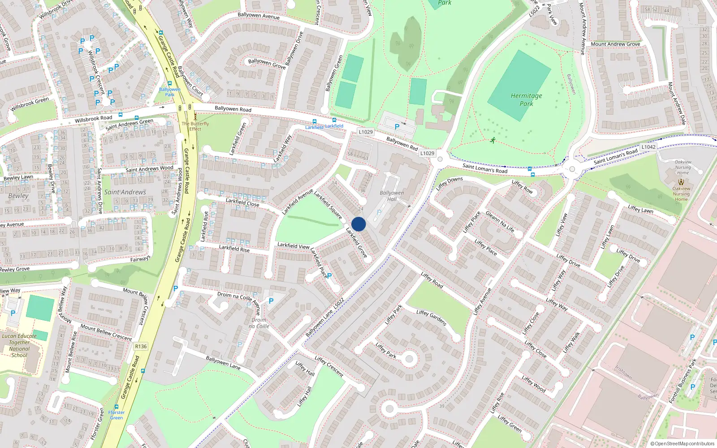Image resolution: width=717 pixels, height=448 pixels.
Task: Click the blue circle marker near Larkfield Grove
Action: coord(358,224)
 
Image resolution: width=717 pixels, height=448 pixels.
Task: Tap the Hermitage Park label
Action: coord(526,99)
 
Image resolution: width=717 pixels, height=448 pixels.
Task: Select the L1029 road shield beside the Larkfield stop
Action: coord(366,132)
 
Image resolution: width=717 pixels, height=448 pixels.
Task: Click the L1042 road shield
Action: coord(648,146)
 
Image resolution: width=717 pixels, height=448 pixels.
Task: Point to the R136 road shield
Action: coord(141,346)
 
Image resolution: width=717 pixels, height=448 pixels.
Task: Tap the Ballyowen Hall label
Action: coord(392,196)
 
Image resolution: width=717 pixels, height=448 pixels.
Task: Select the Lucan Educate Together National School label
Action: coord(19,345)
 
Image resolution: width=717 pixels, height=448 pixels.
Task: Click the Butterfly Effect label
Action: coord(195,126)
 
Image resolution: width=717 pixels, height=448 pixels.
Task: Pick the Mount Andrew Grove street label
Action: coord(615,44)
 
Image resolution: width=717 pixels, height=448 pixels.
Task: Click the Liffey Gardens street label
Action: coord(431,318)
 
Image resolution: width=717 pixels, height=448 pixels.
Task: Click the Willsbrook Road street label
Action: coord(93,119)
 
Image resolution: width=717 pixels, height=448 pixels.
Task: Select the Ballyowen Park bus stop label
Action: coord(170,92)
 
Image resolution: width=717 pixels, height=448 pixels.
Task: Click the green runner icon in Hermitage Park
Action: coord(493,140)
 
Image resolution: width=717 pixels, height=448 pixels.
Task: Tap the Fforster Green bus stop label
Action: coord(117,415)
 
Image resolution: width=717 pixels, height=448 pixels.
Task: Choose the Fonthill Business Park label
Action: coord(683,381)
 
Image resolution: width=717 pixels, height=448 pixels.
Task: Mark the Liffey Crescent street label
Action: coord(329,366)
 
